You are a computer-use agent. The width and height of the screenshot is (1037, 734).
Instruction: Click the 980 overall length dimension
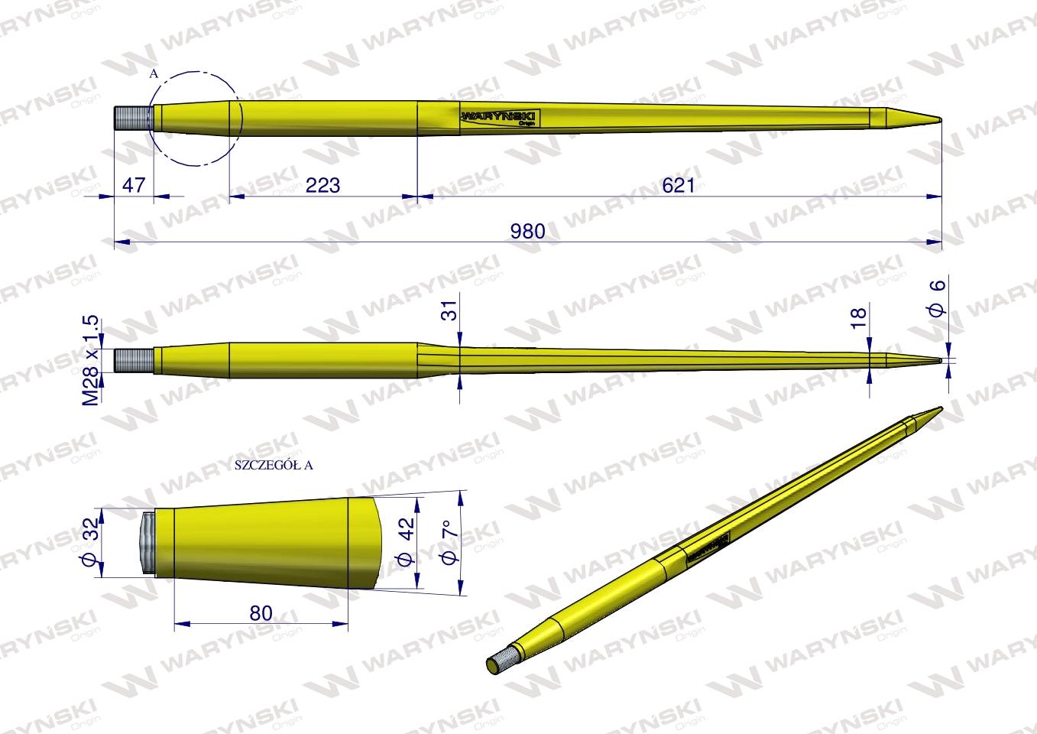(x=528, y=230)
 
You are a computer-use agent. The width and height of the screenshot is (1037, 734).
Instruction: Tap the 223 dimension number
(x=322, y=184)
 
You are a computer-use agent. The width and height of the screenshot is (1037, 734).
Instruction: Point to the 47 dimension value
(x=133, y=184)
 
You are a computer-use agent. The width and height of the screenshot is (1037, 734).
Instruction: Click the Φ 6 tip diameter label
(x=937, y=299)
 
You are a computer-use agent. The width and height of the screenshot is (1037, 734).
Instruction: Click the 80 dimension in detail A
(x=261, y=612)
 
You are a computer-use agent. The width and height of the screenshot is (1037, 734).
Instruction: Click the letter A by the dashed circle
(x=154, y=74)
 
